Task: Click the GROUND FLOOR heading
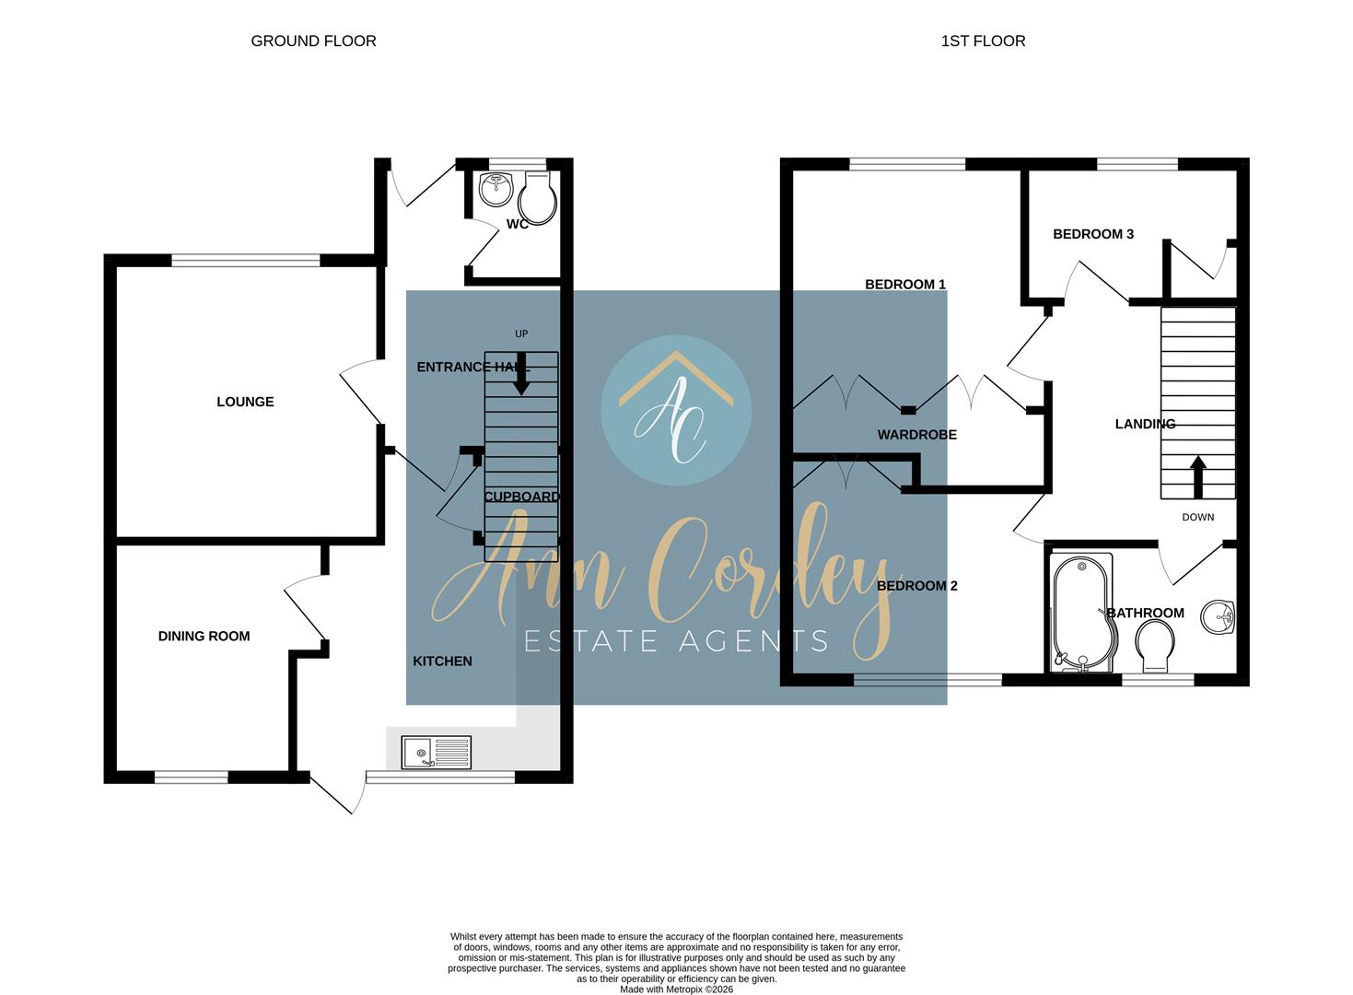[313, 41]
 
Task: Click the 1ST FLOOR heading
[983, 41]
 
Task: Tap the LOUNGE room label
[245, 402]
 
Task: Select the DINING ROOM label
[204, 636]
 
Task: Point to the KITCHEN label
[443, 661]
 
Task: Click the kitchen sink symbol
[436, 753]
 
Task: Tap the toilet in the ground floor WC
[538, 198]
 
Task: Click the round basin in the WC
[496, 189]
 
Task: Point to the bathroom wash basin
[1218, 617]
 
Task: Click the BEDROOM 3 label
[1093, 234]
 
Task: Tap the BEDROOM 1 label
[905, 285]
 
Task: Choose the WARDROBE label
[917, 435]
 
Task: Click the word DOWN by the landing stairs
[1197, 517]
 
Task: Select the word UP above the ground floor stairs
[521, 334]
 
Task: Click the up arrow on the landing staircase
[1198, 477]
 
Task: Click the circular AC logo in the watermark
[676, 410]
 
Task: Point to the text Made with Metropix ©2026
[676, 989]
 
